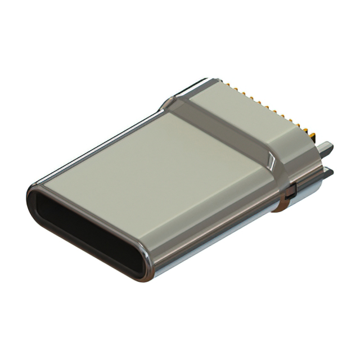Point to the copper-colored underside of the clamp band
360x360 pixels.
pos(282,205)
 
